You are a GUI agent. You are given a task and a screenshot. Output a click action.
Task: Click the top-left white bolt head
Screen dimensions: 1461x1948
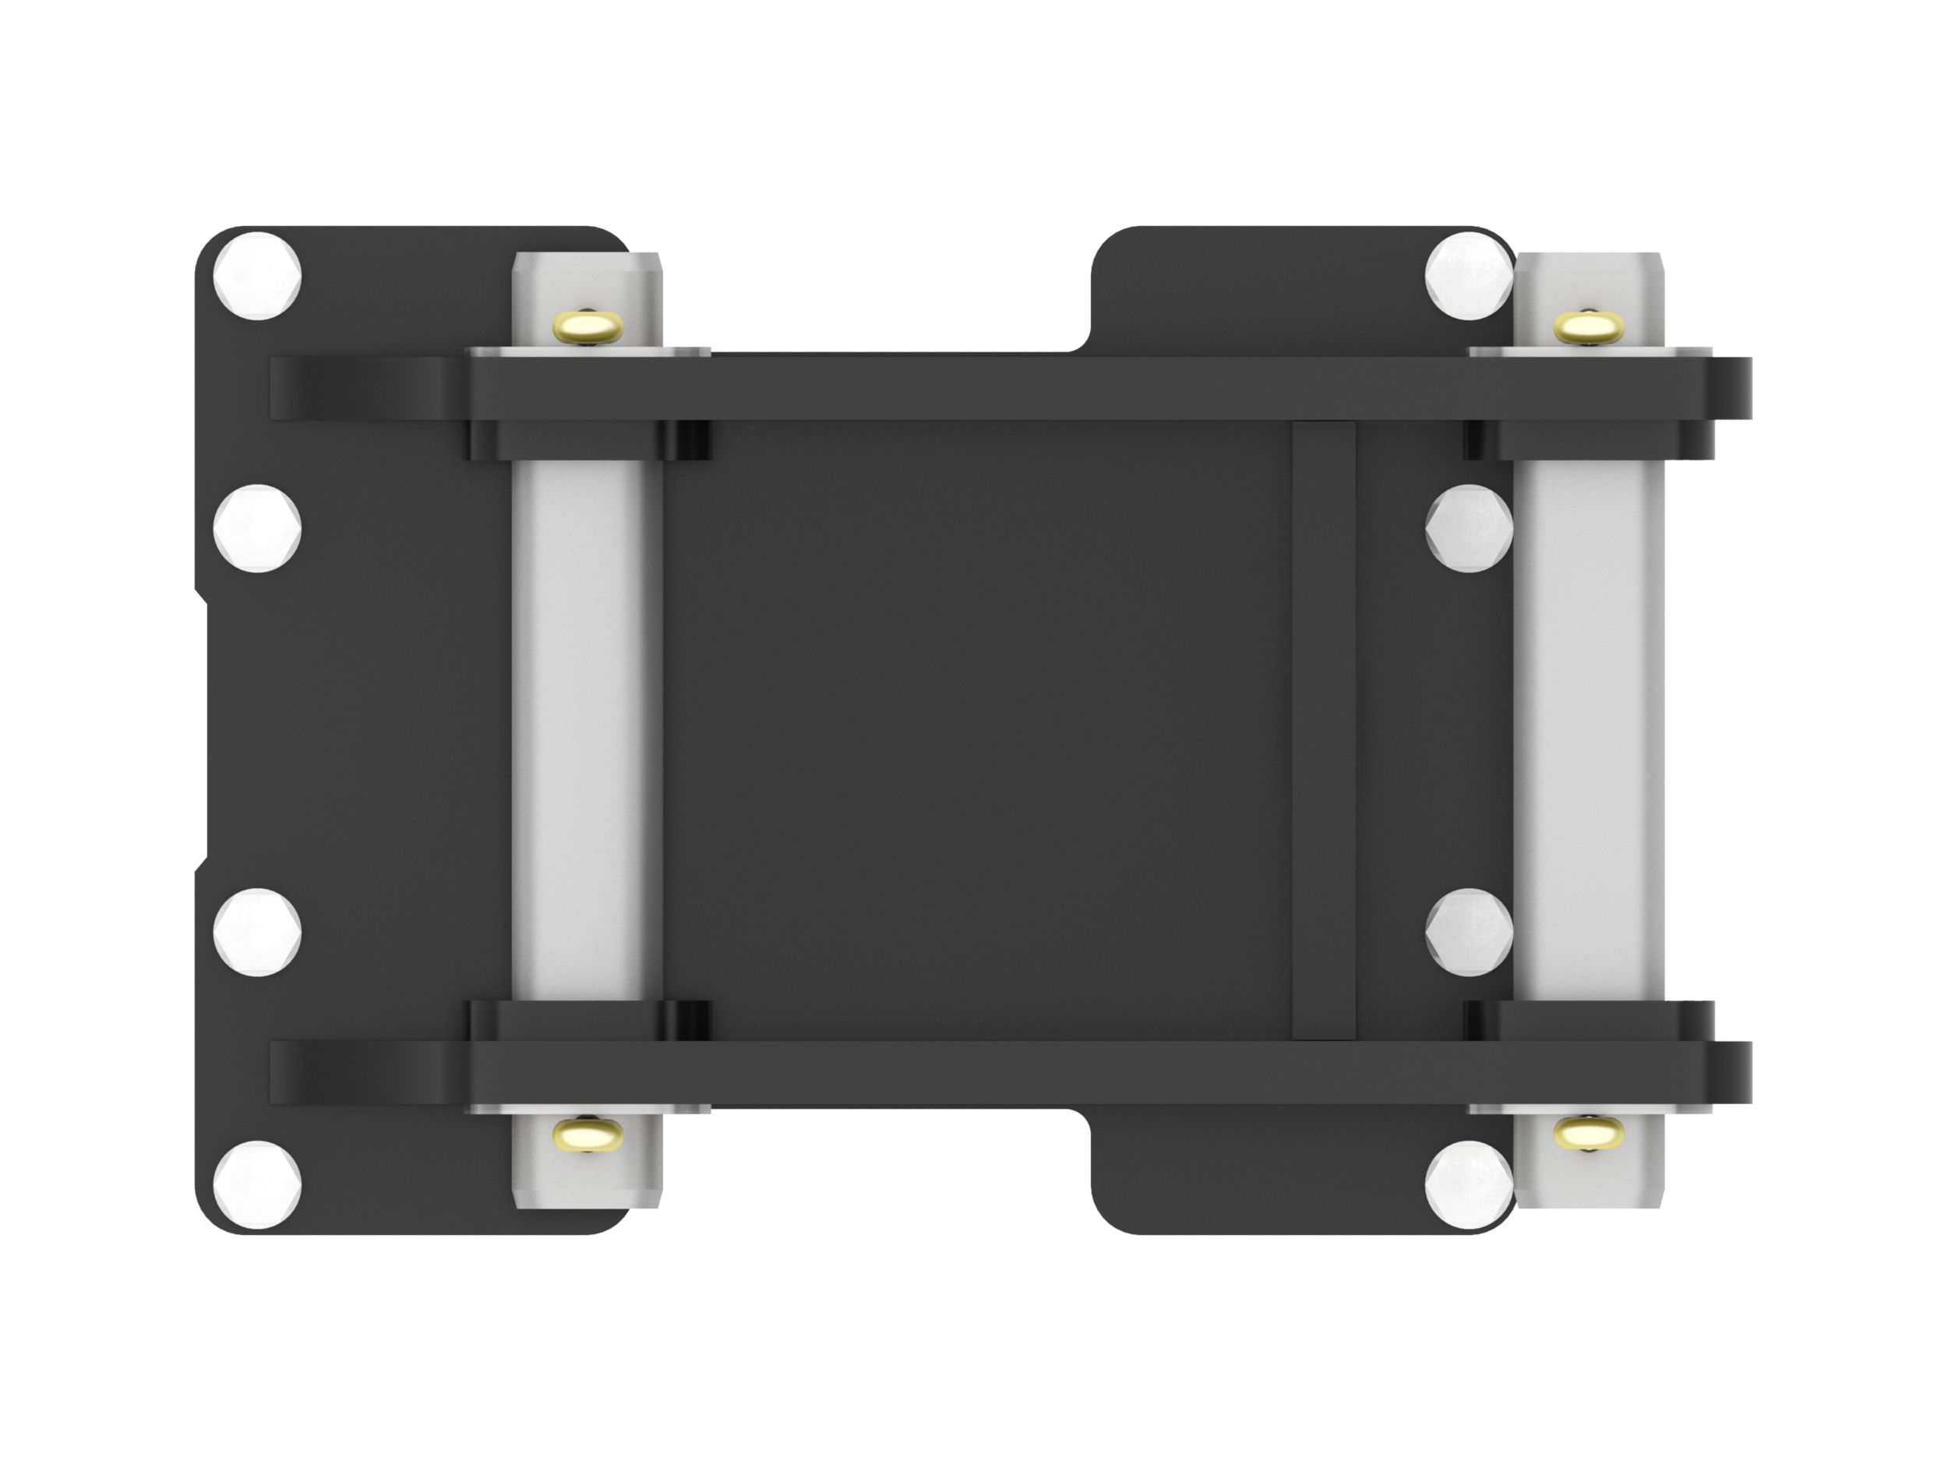258,275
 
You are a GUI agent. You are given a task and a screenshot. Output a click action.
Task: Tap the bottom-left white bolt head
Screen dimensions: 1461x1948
258,1184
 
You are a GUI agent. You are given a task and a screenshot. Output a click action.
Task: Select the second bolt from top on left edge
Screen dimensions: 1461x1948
258,528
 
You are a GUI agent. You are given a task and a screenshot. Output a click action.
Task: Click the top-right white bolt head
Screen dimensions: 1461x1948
1468,275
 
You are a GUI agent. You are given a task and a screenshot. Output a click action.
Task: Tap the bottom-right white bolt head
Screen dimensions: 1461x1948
1468,1184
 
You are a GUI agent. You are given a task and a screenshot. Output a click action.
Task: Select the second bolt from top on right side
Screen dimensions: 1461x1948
1468,528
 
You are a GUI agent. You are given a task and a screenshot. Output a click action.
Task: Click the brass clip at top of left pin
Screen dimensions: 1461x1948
588,326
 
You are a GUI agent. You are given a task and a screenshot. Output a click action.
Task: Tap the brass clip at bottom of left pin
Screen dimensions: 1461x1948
588,1134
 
